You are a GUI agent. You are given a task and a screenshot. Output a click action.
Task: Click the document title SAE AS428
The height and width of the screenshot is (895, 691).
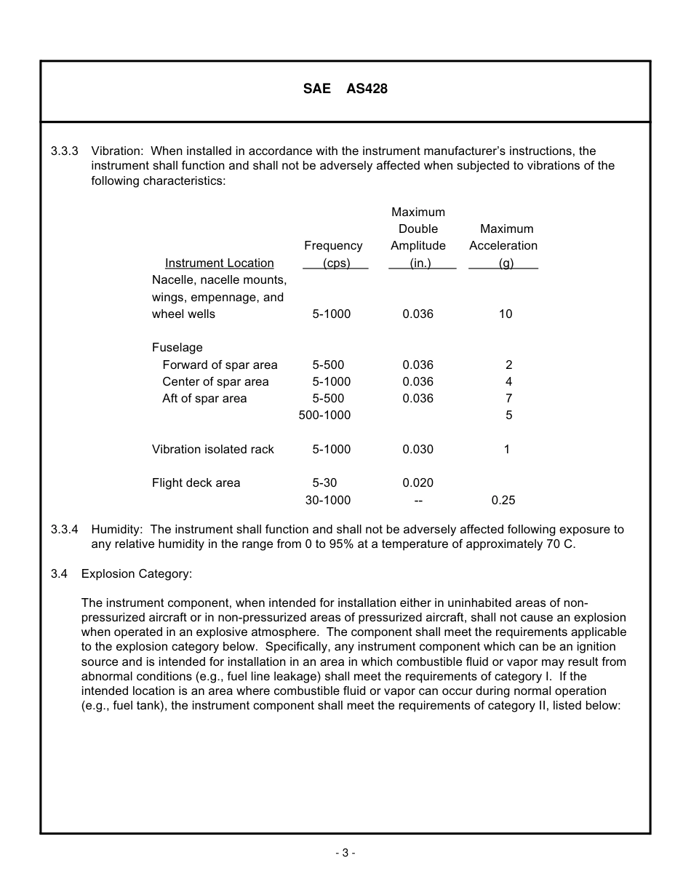coord(345,89)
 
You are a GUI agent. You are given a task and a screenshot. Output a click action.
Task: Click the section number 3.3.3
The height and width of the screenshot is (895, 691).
coord(65,151)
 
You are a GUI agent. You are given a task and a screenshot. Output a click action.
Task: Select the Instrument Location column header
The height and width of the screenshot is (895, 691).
coord(219,263)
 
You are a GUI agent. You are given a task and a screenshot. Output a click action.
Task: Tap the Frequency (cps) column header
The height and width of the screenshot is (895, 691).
coord(333,255)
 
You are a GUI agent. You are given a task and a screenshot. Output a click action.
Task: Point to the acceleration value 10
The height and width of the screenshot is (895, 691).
coord(505,314)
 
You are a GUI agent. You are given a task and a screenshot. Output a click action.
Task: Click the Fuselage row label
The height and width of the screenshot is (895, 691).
coord(177,348)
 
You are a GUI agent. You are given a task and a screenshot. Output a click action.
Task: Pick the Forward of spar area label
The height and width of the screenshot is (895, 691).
coord(220,365)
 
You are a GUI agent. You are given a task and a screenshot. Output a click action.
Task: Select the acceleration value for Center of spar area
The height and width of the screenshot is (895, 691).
coord(508,382)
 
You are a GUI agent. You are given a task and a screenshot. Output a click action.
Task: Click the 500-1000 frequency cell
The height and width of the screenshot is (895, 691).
coord(324,415)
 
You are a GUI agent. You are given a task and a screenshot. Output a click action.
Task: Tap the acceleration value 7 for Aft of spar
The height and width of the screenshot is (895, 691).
coord(508,399)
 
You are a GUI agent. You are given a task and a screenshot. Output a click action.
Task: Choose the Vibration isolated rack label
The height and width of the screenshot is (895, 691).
coord(212,450)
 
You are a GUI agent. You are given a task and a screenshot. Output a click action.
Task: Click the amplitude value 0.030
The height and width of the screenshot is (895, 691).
coord(418,450)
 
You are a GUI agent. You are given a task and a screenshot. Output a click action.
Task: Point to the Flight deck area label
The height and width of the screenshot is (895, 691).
coord(196,483)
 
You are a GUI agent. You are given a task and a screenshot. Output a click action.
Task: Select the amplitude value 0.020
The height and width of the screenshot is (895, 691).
coord(418,483)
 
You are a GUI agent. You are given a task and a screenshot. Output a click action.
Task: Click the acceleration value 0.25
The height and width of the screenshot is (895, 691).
coord(503,501)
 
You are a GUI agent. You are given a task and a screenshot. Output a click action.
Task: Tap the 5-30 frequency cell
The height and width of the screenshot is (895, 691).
coord(324,483)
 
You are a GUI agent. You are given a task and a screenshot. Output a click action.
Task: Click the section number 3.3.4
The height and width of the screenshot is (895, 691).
coord(65,530)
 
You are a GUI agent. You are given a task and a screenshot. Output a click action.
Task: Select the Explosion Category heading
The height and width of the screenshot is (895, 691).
coord(137,574)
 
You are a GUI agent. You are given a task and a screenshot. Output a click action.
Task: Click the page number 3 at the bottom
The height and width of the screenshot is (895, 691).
coord(345,854)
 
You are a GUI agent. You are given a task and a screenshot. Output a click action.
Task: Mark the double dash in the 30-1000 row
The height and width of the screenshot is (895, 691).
coord(418,501)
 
